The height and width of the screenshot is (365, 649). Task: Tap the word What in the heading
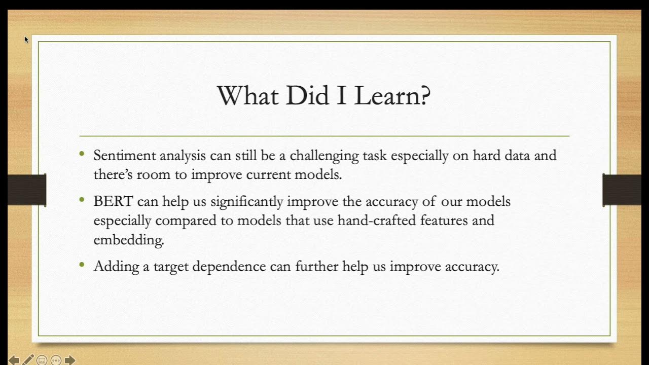click(248, 95)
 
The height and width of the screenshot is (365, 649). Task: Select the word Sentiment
click(123, 156)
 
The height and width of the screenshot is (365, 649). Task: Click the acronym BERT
click(113, 201)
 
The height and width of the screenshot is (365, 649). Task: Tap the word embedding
click(128, 240)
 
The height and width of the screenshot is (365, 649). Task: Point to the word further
click(316, 266)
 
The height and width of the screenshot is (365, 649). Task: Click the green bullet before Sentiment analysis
click(82, 153)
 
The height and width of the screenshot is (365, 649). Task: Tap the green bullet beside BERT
click(82, 199)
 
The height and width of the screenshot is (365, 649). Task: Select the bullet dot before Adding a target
click(82, 264)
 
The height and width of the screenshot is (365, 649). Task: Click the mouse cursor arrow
click(26, 39)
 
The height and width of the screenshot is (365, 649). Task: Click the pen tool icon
click(28, 360)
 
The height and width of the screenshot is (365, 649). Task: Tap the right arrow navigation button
click(70, 360)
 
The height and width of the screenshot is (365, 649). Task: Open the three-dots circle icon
click(56, 360)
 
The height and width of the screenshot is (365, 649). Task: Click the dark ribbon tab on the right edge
click(622, 190)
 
